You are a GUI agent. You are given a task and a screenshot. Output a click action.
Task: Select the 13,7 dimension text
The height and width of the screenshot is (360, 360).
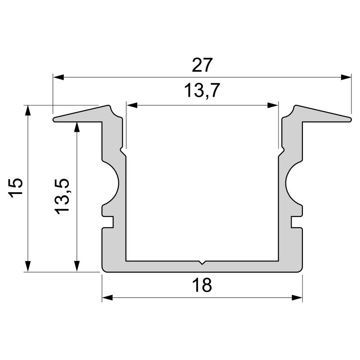point(202,90)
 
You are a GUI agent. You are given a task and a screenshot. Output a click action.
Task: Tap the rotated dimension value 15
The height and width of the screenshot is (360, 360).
point(16,188)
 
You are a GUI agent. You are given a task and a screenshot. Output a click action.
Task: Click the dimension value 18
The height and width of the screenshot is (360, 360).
point(202,285)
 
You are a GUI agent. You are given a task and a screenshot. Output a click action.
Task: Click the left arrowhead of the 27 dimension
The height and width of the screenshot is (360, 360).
point(58,77)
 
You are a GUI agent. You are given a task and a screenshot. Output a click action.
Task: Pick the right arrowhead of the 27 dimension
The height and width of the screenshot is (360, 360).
point(346,77)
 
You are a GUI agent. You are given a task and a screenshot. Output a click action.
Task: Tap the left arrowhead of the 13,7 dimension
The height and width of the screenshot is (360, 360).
point(132,105)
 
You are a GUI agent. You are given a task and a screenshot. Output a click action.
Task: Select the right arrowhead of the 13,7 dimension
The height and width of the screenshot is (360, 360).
point(273,105)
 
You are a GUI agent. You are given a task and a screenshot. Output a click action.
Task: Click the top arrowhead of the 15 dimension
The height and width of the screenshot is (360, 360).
point(28,111)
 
